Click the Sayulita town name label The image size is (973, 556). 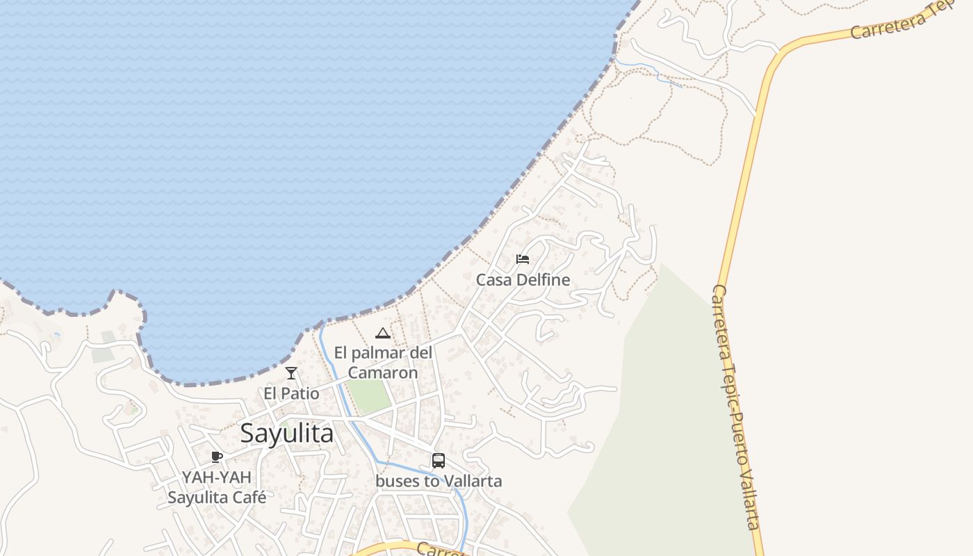point(286,433)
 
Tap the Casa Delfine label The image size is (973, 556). point(523,280)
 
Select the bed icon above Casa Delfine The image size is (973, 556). point(523,259)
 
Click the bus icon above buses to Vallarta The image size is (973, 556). point(439,460)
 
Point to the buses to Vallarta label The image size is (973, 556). point(439,481)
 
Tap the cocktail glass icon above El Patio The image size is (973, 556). point(291,373)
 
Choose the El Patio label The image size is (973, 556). point(291,393)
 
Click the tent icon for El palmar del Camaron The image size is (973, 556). point(382,333)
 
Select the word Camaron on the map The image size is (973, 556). point(383,373)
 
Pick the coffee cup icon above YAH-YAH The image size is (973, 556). point(217,457)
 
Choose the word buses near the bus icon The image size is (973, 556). point(395,481)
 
